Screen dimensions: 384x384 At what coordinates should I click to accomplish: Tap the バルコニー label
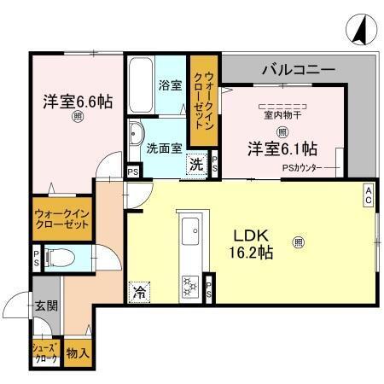coord(298,68)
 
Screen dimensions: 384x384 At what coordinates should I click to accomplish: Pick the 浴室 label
coord(170,85)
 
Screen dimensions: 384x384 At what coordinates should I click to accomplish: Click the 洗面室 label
coord(163,147)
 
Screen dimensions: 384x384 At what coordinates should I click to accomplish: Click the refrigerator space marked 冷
coord(139,291)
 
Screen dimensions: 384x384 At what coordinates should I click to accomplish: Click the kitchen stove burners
coord(189,286)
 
